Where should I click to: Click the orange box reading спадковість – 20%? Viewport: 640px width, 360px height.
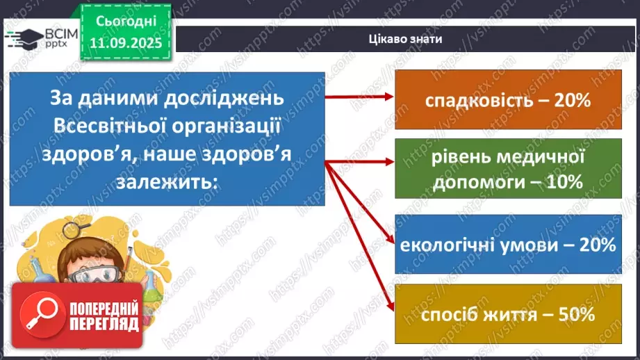507,100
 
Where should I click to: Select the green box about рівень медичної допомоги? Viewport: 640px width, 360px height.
507,168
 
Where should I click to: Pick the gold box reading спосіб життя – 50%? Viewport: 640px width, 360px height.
507,313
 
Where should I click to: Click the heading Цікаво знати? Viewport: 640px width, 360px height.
406,39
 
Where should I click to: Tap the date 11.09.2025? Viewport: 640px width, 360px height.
125,43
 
